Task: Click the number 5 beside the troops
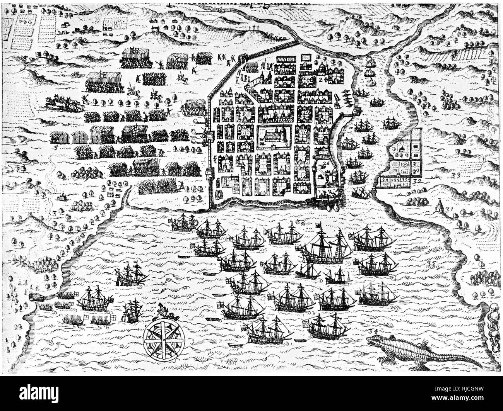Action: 56,148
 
